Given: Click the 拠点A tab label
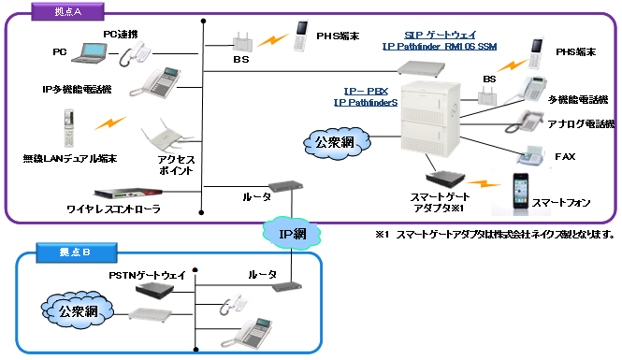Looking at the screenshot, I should (x=62, y=10).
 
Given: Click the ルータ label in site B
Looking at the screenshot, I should (x=262, y=274).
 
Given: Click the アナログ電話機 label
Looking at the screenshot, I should (x=583, y=123).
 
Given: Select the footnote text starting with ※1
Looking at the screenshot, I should (x=494, y=233).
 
